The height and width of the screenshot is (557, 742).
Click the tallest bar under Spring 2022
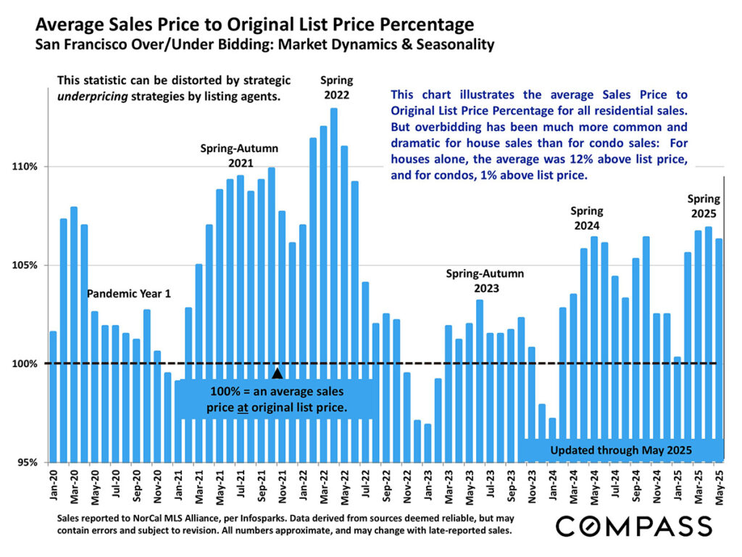(x=333, y=283)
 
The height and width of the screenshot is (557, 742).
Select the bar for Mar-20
(x=74, y=334)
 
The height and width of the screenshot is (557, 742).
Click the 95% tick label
(x=28, y=462)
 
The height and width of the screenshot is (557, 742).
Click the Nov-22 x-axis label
(x=407, y=486)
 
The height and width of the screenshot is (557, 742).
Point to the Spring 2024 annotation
(x=587, y=218)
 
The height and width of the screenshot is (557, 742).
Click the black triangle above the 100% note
(x=277, y=374)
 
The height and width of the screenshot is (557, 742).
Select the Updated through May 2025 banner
(x=621, y=450)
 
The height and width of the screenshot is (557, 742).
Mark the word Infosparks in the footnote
(x=275, y=519)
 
